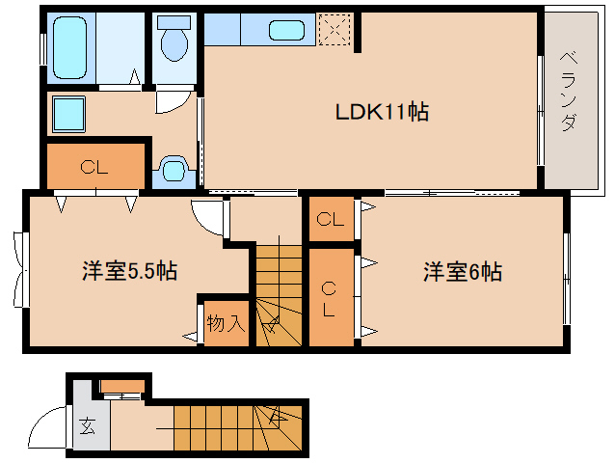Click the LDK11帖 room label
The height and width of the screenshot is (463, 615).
click(382, 112)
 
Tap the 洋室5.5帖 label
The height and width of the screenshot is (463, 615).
click(128, 271)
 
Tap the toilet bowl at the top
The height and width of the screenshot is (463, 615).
click(174, 41)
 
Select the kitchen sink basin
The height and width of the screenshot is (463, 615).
click(286, 30)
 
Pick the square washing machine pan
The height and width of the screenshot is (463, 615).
click(68, 114)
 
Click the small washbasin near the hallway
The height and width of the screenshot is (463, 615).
click(173, 171)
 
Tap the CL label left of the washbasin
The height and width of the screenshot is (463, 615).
click(94, 167)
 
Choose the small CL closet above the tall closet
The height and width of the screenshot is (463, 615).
click(331, 219)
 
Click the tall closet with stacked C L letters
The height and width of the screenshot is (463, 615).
click(331, 298)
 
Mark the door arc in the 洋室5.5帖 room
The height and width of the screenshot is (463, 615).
click(207, 214)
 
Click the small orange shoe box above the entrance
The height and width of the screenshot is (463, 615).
click(121, 387)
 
